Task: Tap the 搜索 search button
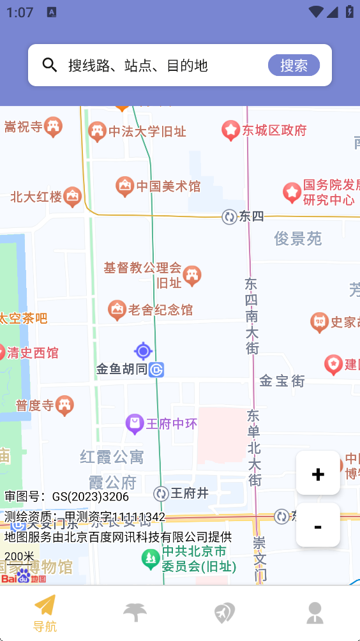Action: coord(294,65)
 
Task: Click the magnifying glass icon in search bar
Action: coord(50,64)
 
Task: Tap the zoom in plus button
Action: coord(318,473)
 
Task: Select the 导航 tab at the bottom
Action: coord(45,613)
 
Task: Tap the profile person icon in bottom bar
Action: coord(315,613)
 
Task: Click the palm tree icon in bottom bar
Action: coord(135,613)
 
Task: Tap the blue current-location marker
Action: coord(143,351)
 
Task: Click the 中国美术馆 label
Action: coord(168,186)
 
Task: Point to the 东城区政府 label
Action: coord(274,131)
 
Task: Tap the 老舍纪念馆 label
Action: coord(160,310)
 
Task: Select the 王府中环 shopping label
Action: coord(172,424)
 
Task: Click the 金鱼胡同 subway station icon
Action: coord(156,369)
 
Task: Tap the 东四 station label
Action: coord(251,216)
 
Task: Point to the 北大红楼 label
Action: coord(36,197)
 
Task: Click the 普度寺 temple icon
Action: coord(64,405)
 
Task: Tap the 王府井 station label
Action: coord(190,493)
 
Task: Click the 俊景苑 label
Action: coord(298,239)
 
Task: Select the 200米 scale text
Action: coord(19,556)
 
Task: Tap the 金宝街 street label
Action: coord(281,381)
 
